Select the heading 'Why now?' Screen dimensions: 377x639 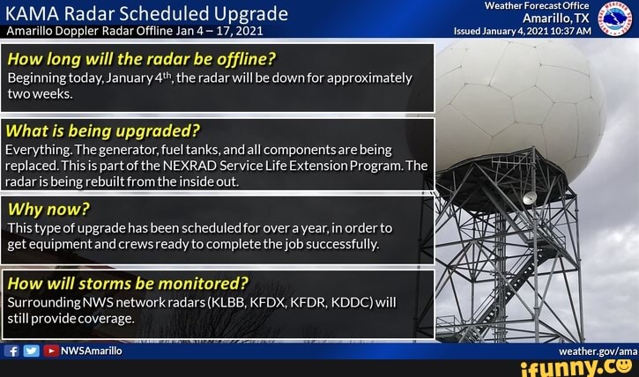pyautogui.click(x=48, y=210)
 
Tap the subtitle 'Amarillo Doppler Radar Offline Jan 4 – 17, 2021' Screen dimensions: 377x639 pyautogui.click(x=133, y=31)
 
